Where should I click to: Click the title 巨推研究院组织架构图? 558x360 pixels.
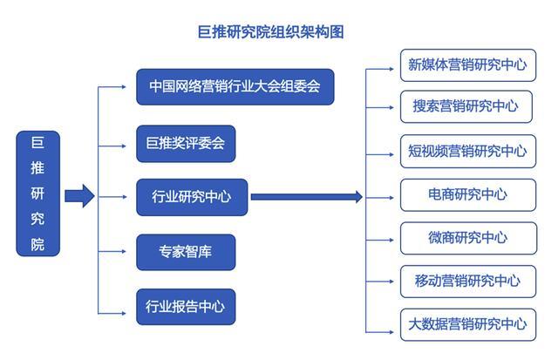click(x=271, y=32)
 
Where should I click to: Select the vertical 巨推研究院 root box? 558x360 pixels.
click(x=38, y=194)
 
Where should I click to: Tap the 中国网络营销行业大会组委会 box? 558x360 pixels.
click(x=235, y=87)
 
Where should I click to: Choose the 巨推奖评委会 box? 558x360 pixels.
click(x=186, y=144)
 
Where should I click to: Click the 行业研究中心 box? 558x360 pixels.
click(x=192, y=197)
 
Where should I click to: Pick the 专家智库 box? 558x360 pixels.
click(x=186, y=252)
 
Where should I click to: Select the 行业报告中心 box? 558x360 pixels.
click(x=186, y=307)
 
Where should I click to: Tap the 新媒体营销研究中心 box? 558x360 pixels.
click(x=468, y=65)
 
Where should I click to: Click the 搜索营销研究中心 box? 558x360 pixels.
click(x=466, y=106)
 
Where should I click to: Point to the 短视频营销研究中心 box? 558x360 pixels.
click(x=468, y=151)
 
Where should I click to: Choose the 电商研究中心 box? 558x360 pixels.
click(x=468, y=195)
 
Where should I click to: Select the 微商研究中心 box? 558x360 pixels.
click(x=468, y=238)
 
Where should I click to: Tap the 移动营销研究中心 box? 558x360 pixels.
click(x=468, y=282)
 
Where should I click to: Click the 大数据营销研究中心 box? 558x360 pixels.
click(x=468, y=324)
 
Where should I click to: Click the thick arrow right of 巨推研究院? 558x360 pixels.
click(x=79, y=196)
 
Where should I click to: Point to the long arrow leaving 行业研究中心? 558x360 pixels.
click(x=307, y=197)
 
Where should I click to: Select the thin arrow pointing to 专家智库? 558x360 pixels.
click(x=112, y=252)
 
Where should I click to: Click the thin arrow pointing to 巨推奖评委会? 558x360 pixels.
click(x=112, y=146)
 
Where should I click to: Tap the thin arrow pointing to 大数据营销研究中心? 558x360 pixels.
click(x=380, y=332)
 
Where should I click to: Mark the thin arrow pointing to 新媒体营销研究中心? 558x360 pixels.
click(x=380, y=69)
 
